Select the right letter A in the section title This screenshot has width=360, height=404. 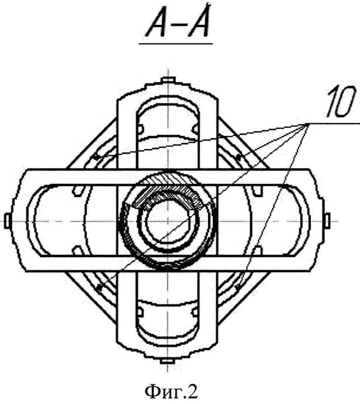pyautogui.click(x=197, y=24)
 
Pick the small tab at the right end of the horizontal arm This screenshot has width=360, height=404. pyautogui.click(x=329, y=218)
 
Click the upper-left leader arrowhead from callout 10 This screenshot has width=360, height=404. pyautogui.click(x=97, y=158)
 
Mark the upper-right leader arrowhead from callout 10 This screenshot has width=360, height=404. pyautogui.click(x=238, y=156)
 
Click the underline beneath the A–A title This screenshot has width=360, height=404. pyautogui.click(x=176, y=43)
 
